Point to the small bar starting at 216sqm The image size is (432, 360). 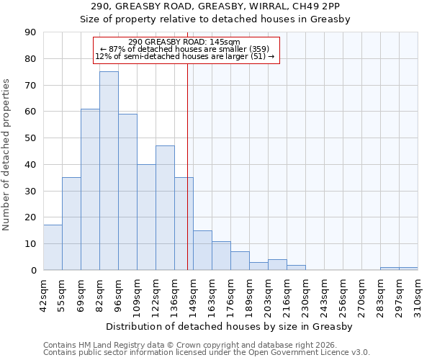pyautogui.click(x=296, y=267)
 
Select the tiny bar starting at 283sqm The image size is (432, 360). pyautogui.click(x=390, y=269)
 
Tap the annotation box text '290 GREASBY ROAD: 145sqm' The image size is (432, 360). pyautogui.click(x=184, y=42)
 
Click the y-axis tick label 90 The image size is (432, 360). pyautogui.click(x=30, y=32)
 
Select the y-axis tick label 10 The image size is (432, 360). pyautogui.click(x=30, y=244)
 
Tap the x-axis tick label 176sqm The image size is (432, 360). pyautogui.click(x=230, y=295)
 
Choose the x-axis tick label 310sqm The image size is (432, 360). pyautogui.click(x=418, y=295)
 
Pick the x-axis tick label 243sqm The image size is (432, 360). pyautogui.click(x=324, y=295)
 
